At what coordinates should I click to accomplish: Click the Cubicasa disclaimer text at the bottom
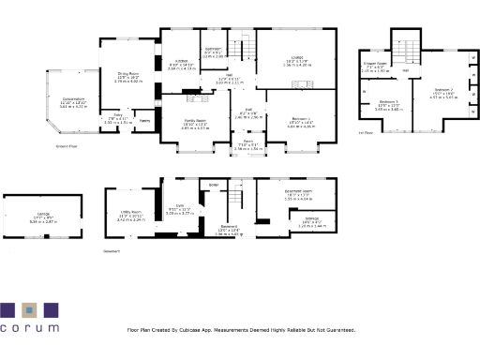tap(242, 330)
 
